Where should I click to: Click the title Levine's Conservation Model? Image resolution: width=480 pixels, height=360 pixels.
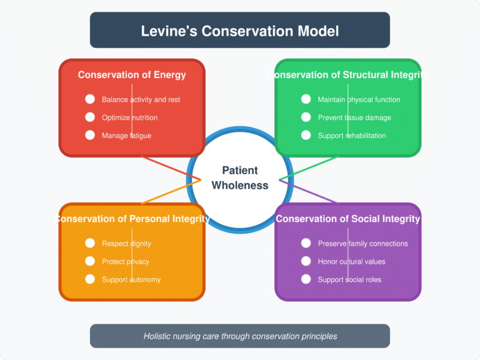[240, 30]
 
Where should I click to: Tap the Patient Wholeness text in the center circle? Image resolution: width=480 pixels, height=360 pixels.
[240, 177]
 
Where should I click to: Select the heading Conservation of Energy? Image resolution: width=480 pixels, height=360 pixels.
[132, 75]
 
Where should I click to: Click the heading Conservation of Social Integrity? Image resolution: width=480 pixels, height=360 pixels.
[347, 219]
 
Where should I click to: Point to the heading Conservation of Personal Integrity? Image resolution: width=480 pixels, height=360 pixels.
[132, 219]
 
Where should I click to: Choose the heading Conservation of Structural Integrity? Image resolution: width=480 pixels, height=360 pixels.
[347, 75]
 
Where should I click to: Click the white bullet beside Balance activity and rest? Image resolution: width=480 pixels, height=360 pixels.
[90, 99]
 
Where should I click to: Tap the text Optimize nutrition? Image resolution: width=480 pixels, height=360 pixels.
[129, 117]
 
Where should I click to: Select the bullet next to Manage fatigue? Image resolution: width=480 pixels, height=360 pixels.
[90, 135]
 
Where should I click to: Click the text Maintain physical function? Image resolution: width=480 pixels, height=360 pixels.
[359, 99]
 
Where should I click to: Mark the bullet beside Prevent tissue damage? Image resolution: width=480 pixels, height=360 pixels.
[306, 117]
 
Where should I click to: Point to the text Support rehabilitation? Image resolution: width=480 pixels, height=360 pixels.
[352, 136]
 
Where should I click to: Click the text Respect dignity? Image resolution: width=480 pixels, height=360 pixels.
[126, 243]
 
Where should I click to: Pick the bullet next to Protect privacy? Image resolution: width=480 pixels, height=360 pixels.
[90, 261]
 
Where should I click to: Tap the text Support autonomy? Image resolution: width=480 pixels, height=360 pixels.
[131, 279]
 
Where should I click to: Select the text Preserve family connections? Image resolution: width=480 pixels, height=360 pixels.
[362, 243]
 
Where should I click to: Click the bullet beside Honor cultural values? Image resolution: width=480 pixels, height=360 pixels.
[306, 261]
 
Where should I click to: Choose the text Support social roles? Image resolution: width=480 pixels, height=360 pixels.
[349, 279]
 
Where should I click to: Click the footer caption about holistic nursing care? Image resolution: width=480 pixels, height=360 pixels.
[240, 336]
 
